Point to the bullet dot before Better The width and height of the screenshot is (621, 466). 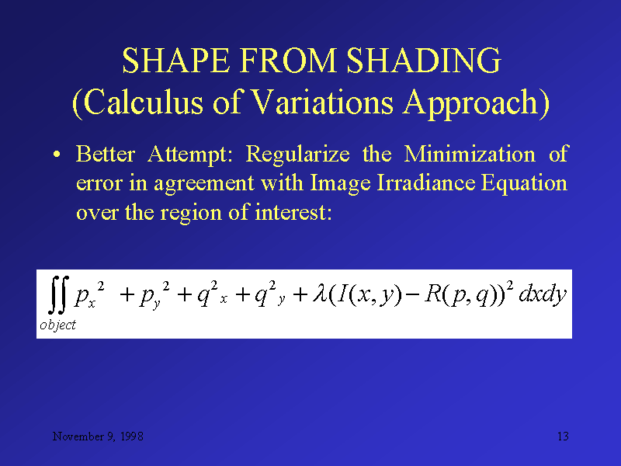click(x=57, y=155)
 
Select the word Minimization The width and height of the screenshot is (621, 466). click(x=470, y=155)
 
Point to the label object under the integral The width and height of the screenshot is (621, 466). click(x=57, y=325)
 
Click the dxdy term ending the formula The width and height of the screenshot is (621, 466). click(x=543, y=296)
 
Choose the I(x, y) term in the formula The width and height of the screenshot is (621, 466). click(x=364, y=296)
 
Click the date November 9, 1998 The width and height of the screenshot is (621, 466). click(x=97, y=436)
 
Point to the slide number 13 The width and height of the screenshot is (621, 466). click(x=563, y=436)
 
